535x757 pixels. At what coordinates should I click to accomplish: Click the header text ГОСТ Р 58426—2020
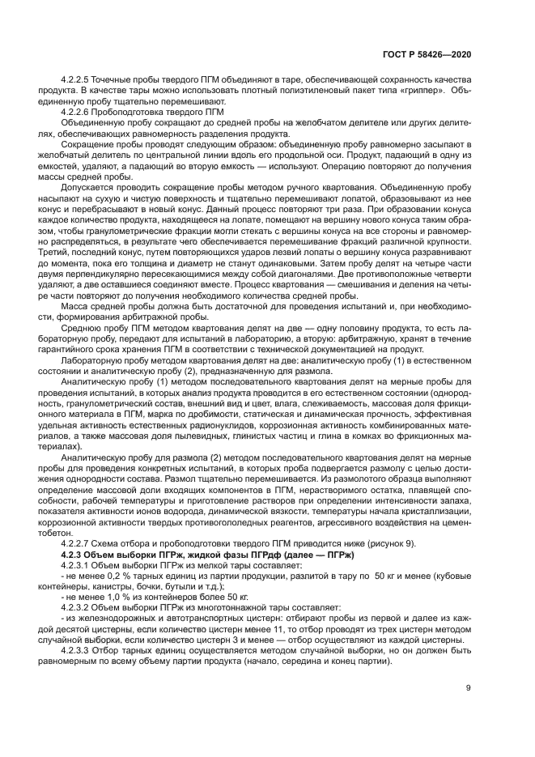point(427,54)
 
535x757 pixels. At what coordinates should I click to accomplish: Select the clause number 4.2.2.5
point(77,81)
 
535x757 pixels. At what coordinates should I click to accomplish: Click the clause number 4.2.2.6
point(77,111)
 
